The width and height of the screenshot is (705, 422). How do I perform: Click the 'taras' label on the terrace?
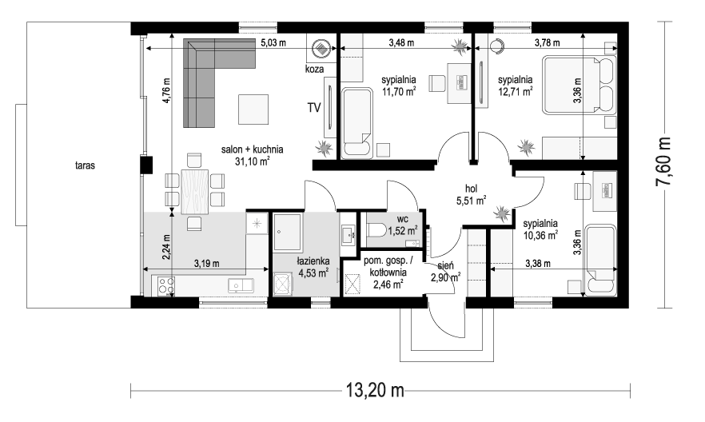(85, 165)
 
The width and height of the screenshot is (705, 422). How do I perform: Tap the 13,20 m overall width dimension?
(375, 390)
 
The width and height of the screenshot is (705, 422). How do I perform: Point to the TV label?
(314, 108)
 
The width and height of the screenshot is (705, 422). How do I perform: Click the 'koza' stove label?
(314, 70)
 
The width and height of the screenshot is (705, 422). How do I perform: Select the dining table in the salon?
(195, 191)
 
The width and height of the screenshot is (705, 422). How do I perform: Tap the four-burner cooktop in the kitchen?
(166, 285)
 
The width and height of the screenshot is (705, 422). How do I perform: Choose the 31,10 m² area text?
(252, 161)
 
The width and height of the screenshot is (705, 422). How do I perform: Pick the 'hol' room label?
(471, 189)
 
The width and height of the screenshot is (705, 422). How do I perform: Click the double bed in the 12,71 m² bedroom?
(578, 85)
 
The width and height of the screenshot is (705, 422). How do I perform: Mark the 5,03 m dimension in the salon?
(273, 43)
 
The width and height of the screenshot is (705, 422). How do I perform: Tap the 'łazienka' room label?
(313, 261)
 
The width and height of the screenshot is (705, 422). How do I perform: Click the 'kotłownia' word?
(388, 273)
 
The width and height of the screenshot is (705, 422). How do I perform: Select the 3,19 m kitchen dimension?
(207, 264)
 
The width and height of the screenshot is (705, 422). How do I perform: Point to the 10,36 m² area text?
(540, 234)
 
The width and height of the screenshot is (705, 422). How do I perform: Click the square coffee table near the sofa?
(253, 109)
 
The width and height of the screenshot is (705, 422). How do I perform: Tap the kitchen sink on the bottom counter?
(241, 285)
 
